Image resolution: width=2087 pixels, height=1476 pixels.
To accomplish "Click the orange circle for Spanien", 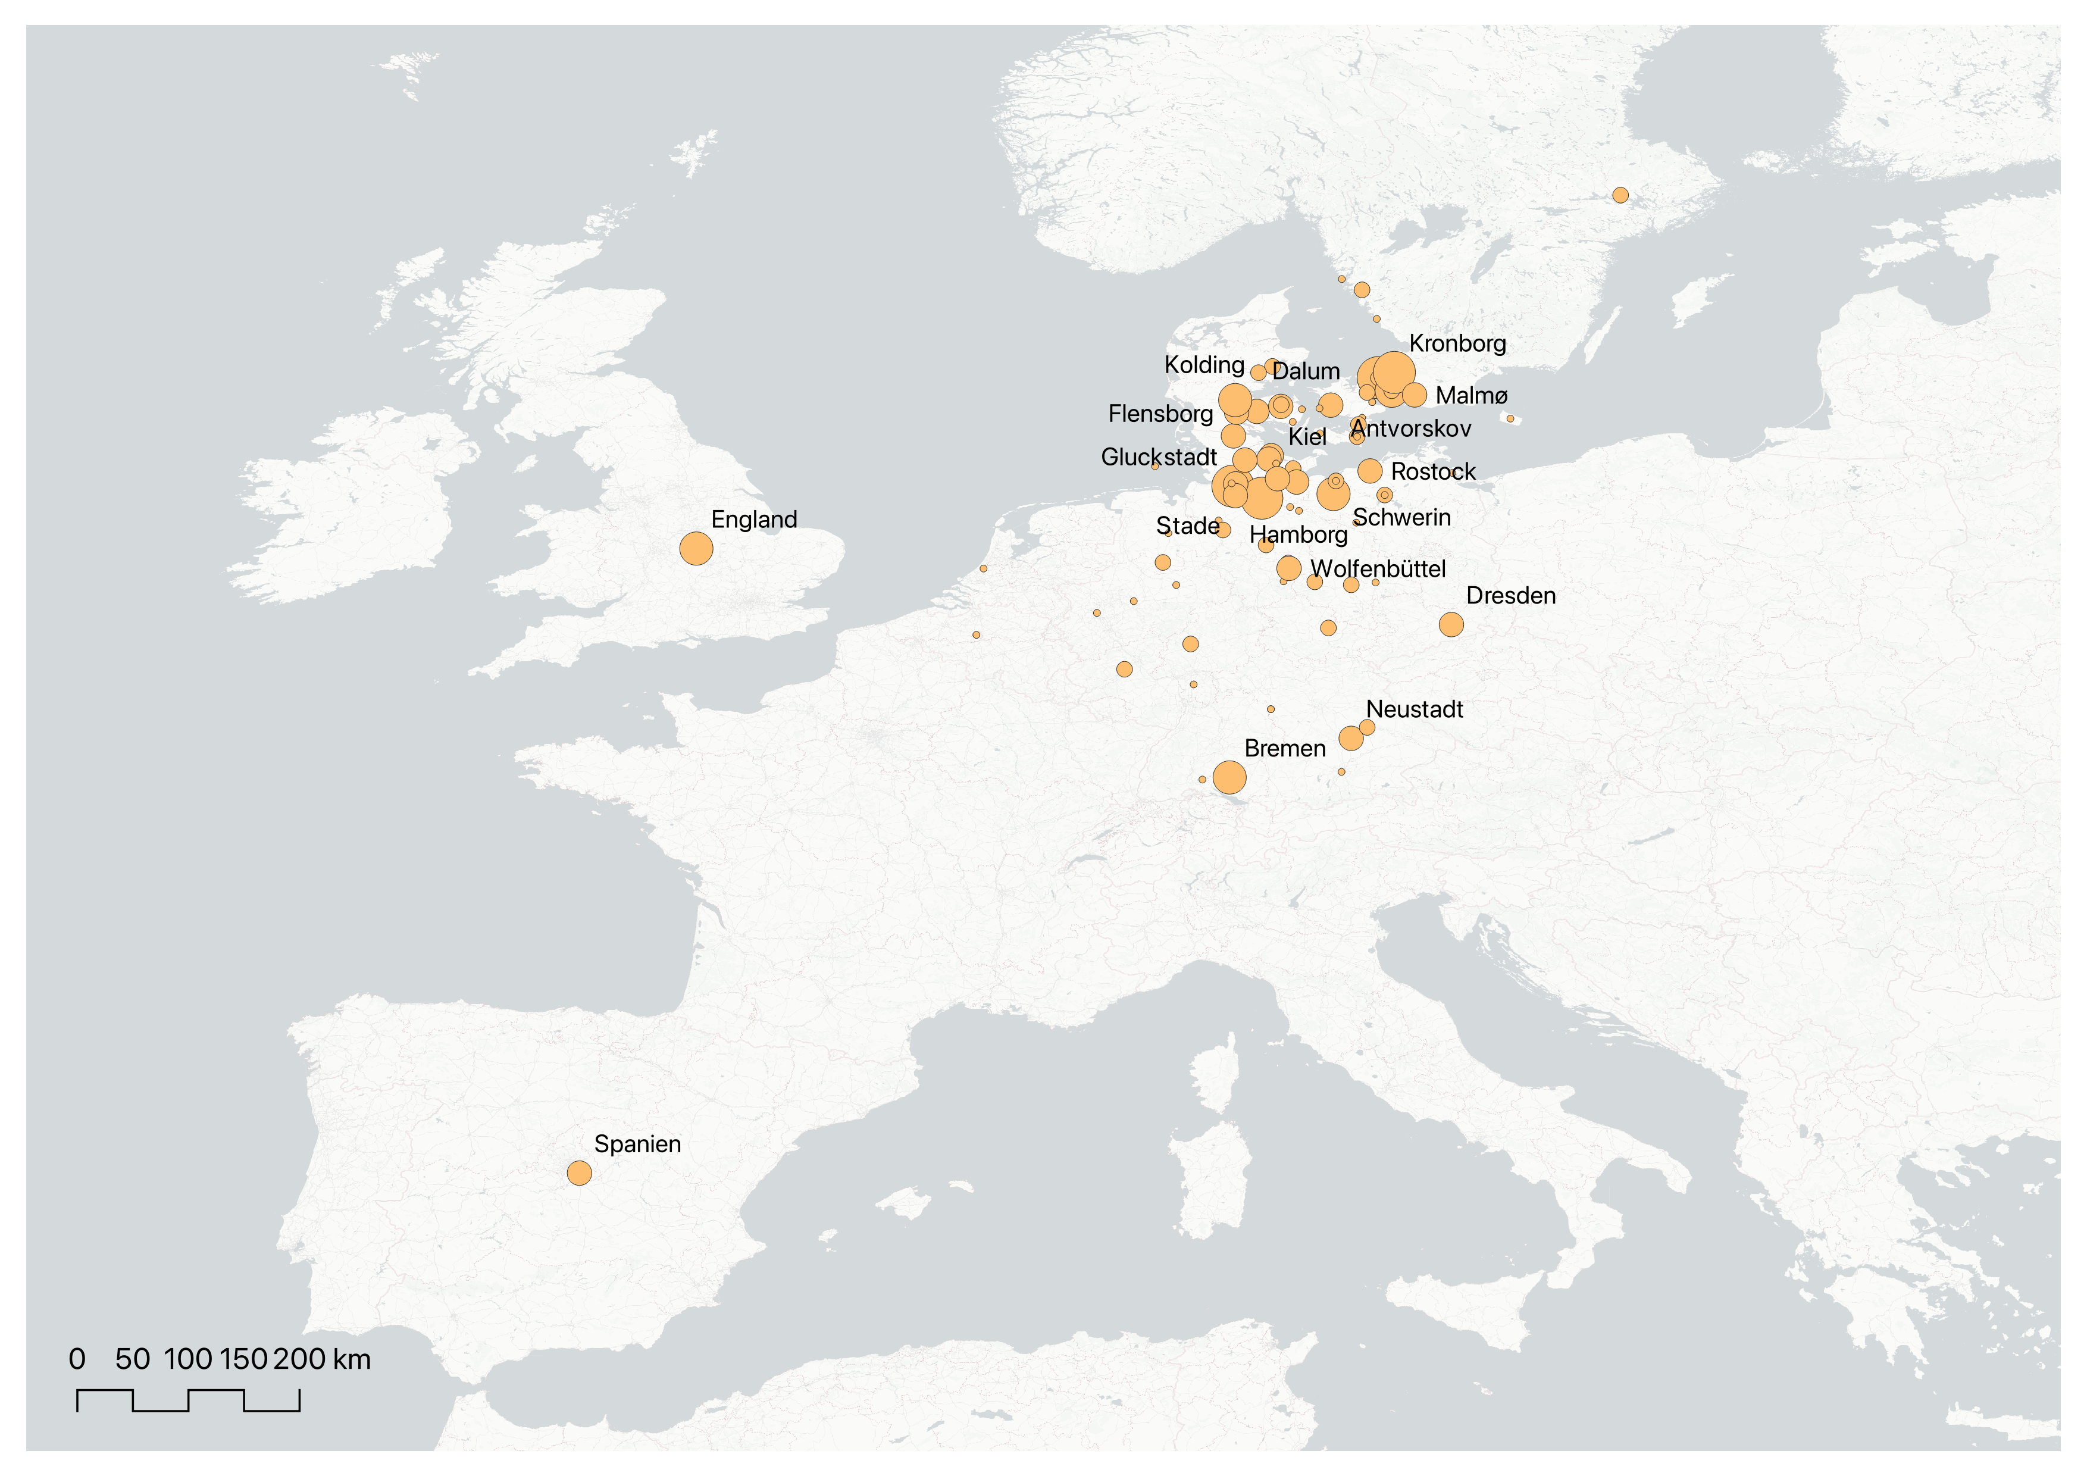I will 579,1172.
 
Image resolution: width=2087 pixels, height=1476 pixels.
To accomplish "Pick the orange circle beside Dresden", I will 1451,624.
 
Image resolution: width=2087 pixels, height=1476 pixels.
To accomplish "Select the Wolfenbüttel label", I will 1378,569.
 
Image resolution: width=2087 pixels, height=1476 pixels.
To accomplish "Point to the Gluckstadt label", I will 1158,457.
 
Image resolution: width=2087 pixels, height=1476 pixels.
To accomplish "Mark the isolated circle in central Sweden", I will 1620,195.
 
